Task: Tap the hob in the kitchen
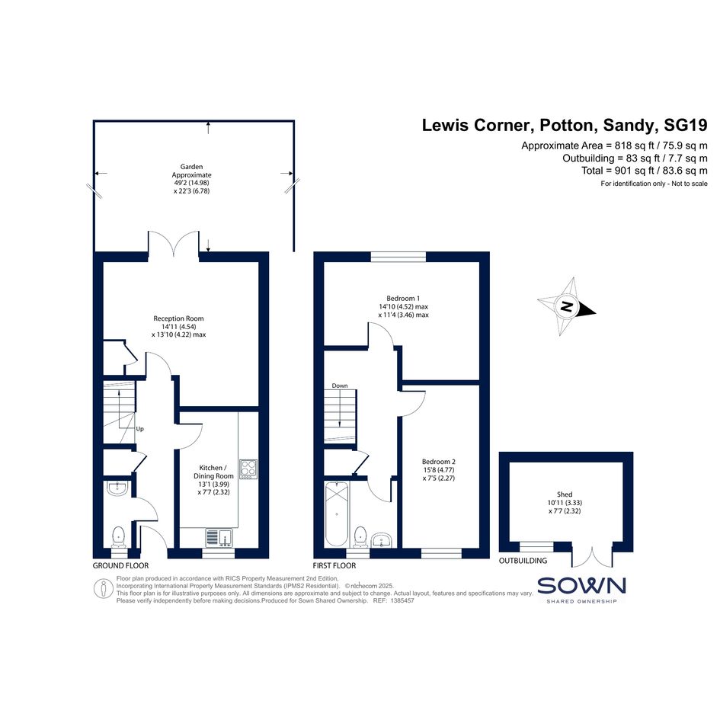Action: pos(248,469)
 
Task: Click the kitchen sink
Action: pos(219,537)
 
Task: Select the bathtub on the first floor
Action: pos(337,514)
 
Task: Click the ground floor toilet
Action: pos(118,537)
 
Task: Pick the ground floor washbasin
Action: pos(117,488)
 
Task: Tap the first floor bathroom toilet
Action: pos(360,537)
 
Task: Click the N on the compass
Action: pos(567,306)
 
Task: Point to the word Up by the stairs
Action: pos(140,429)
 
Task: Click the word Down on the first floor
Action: pos(340,386)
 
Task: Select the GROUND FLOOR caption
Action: pos(121,565)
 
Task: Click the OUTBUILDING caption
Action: pos(523,561)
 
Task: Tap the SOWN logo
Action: pos(581,590)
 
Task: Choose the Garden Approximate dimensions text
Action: pos(191,179)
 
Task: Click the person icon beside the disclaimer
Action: pos(104,589)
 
